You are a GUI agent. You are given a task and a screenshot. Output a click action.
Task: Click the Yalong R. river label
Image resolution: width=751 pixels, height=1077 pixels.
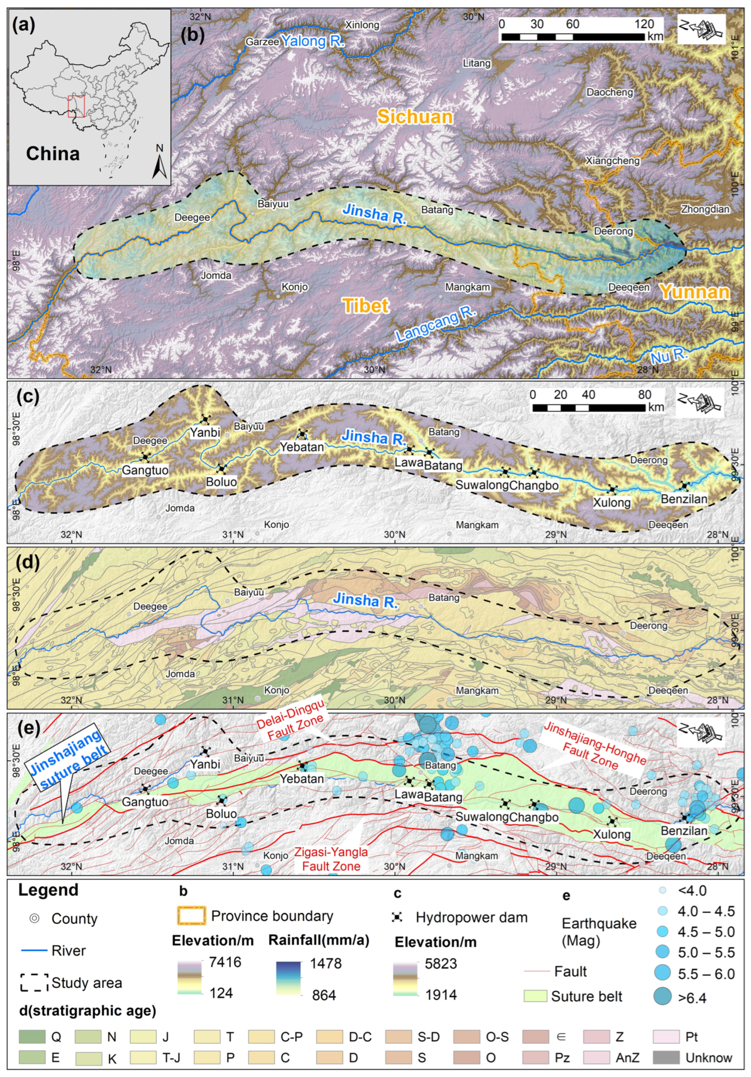(312, 41)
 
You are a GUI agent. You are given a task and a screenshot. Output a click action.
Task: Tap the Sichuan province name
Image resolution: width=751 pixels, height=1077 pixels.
(415, 117)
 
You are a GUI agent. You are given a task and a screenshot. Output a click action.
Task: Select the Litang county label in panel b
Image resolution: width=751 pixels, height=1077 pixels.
(476, 63)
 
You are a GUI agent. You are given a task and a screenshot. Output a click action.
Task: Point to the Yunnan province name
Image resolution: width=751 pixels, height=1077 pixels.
(694, 292)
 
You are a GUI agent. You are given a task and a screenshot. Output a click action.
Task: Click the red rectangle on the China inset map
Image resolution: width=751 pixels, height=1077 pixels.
(76, 106)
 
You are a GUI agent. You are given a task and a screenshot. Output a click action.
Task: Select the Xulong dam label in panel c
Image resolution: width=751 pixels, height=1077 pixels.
(612, 503)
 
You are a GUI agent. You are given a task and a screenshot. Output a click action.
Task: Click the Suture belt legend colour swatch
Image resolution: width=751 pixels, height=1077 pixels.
(535, 996)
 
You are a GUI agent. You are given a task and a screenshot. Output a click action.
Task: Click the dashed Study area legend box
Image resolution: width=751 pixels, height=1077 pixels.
(34, 983)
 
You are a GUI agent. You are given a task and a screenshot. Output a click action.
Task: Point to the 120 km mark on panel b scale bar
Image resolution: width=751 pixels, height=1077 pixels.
(644, 24)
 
